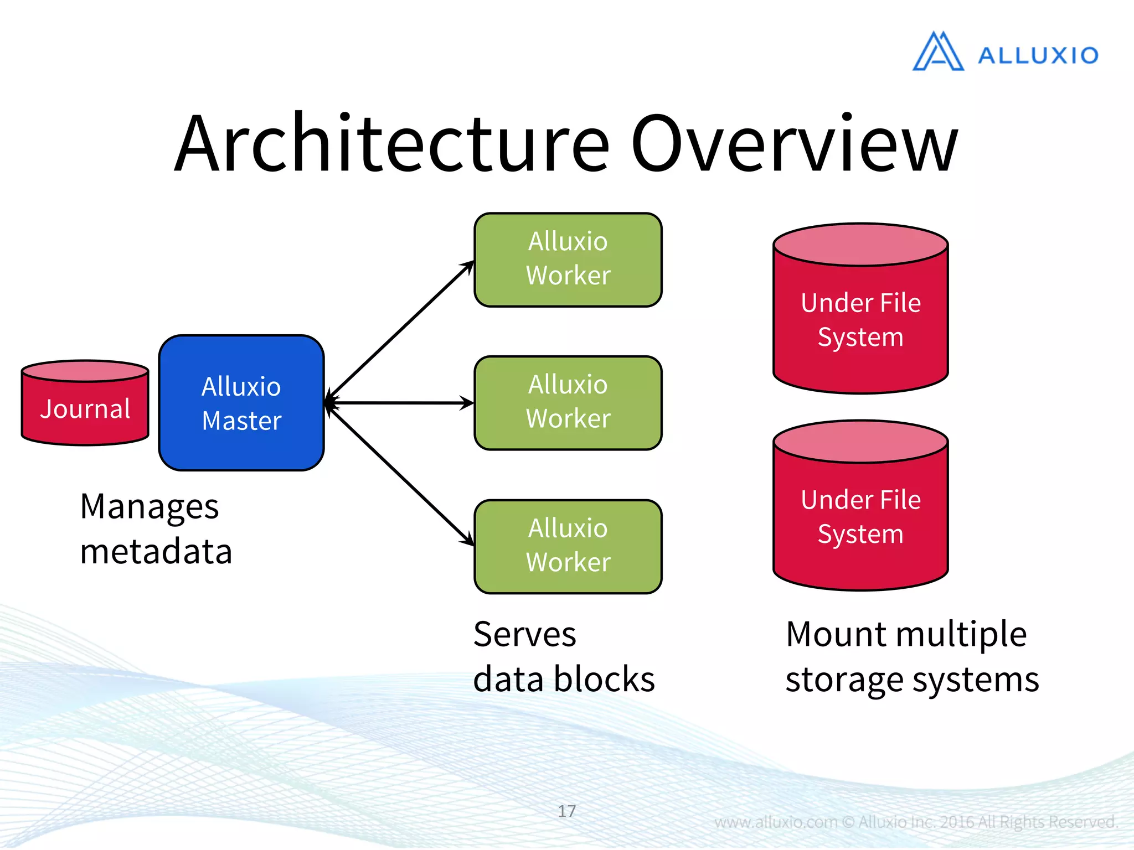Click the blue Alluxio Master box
[241, 403]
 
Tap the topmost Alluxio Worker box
[568, 260]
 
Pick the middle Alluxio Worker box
[568, 402]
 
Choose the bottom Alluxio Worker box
[568, 546]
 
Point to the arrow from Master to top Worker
[400, 331]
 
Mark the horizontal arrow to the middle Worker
[400, 403]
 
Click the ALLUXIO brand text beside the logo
[1038, 55]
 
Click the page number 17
[566, 811]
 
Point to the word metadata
[156, 552]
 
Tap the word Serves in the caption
[524, 634]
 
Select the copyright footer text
[916, 822]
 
